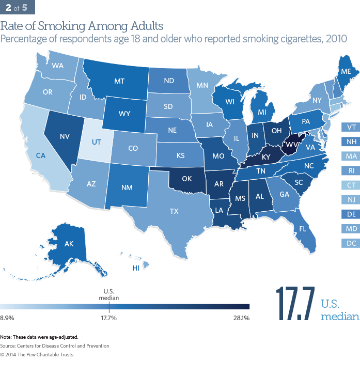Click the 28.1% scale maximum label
(241, 318)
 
